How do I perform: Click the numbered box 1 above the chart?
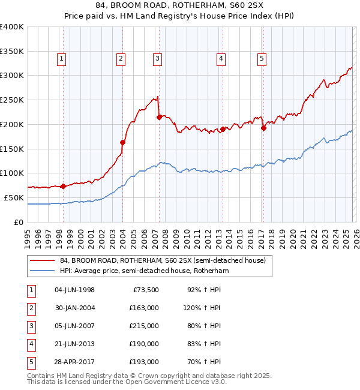point(62,58)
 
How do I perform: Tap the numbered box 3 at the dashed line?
point(157,58)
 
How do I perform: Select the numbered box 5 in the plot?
point(262,58)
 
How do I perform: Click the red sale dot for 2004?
point(122,142)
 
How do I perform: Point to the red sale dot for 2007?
point(159,117)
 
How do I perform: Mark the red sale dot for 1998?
point(63,186)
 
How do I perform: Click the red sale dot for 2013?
point(223,129)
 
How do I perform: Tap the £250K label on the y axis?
point(12,100)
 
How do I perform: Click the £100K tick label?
point(12,173)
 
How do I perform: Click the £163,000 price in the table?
point(143,308)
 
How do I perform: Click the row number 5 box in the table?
point(29,362)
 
